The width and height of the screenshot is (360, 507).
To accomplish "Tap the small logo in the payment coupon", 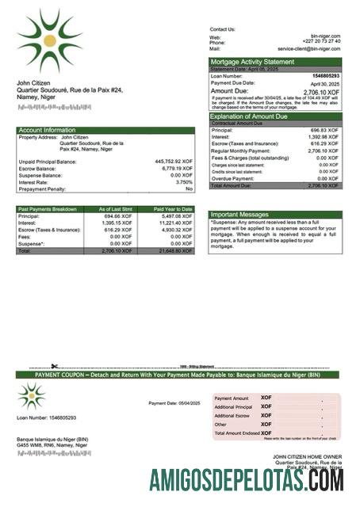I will (x=32, y=395).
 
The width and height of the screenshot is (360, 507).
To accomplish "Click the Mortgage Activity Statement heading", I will (x=251, y=62).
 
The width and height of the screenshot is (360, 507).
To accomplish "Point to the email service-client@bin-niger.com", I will (x=309, y=48).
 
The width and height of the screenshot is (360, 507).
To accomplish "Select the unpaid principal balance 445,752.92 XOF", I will (x=174, y=162).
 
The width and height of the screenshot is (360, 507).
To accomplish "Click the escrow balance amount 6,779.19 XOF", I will (x=177, y=168).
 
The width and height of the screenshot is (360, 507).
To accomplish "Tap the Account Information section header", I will (x=47, y=130).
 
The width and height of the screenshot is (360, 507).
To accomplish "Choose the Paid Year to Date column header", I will (x=173, y=209).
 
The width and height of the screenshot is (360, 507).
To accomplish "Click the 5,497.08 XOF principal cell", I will (x=176, y=215).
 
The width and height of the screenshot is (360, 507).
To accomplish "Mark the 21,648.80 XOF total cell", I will (x=175, y=250).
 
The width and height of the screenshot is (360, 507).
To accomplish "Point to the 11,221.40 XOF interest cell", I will (x=175, y=223).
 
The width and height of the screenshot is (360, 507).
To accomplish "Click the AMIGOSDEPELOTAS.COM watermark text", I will (x=246, y=481).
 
